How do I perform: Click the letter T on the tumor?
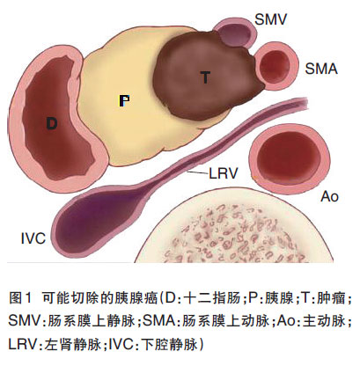206,77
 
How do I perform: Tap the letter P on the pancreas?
124,100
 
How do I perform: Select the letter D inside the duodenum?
52,123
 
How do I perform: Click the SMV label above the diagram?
270,19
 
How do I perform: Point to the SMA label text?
321,69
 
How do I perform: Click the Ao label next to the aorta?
330,196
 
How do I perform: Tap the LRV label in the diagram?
223,173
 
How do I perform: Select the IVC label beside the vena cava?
33,238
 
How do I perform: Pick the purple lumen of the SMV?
235,33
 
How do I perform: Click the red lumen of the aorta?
289,157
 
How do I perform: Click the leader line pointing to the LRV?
197,172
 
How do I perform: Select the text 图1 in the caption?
19,298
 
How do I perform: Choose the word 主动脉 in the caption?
323,321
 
